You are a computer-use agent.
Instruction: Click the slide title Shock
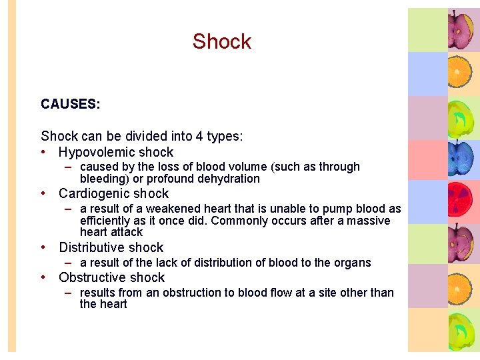point(222,41)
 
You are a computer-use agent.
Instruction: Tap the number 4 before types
point(199,137)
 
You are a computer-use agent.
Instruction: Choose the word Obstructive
point(94,277)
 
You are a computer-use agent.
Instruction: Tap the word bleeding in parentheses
point(105,179)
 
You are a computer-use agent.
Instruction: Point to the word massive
point(369,221)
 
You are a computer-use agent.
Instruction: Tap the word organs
point(353,263)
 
